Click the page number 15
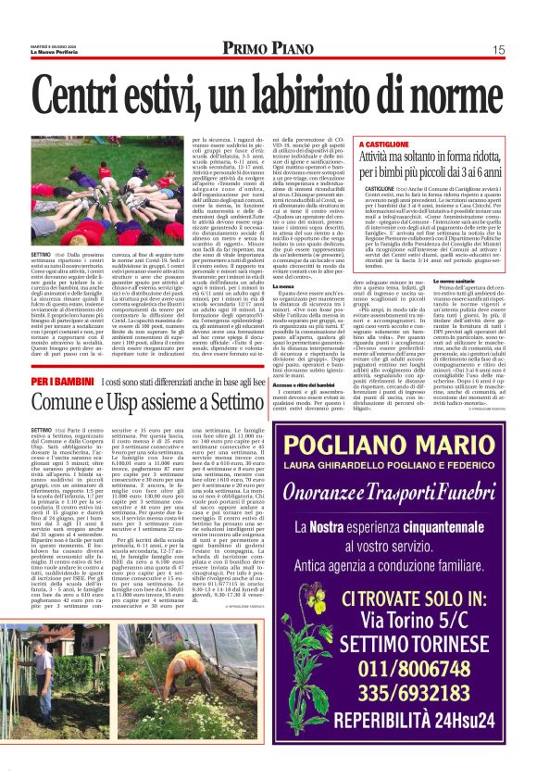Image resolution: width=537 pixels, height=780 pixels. click(x=498, y=50)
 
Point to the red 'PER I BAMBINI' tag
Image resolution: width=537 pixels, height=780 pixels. click(x=61, y=382)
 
